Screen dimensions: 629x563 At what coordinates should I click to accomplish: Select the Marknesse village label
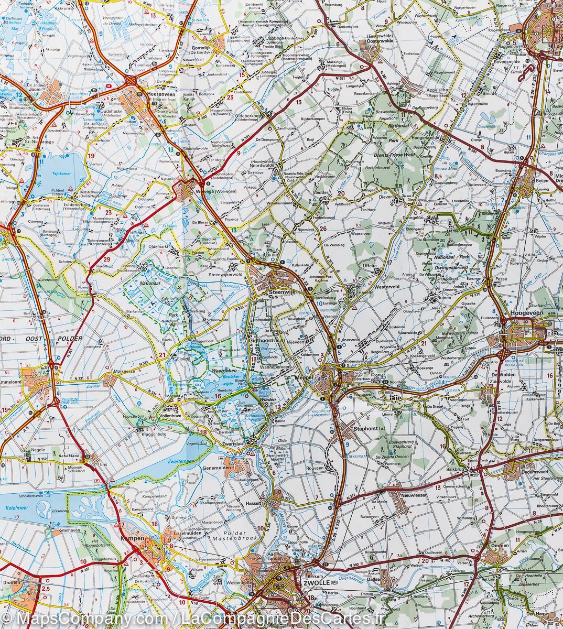coord(125,372)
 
